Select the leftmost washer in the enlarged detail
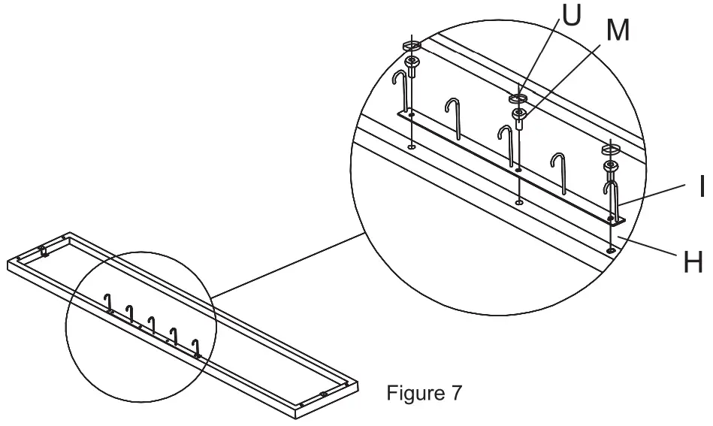[x=411, y=45]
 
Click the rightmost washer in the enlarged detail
[x=609, y=152]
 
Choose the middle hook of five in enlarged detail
[x=508, y=143]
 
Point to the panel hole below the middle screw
[x=519, y=202]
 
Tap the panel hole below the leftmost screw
[x=410, y=147]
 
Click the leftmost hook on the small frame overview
[x=108, y=303]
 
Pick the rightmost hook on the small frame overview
[x=197, y=347]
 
